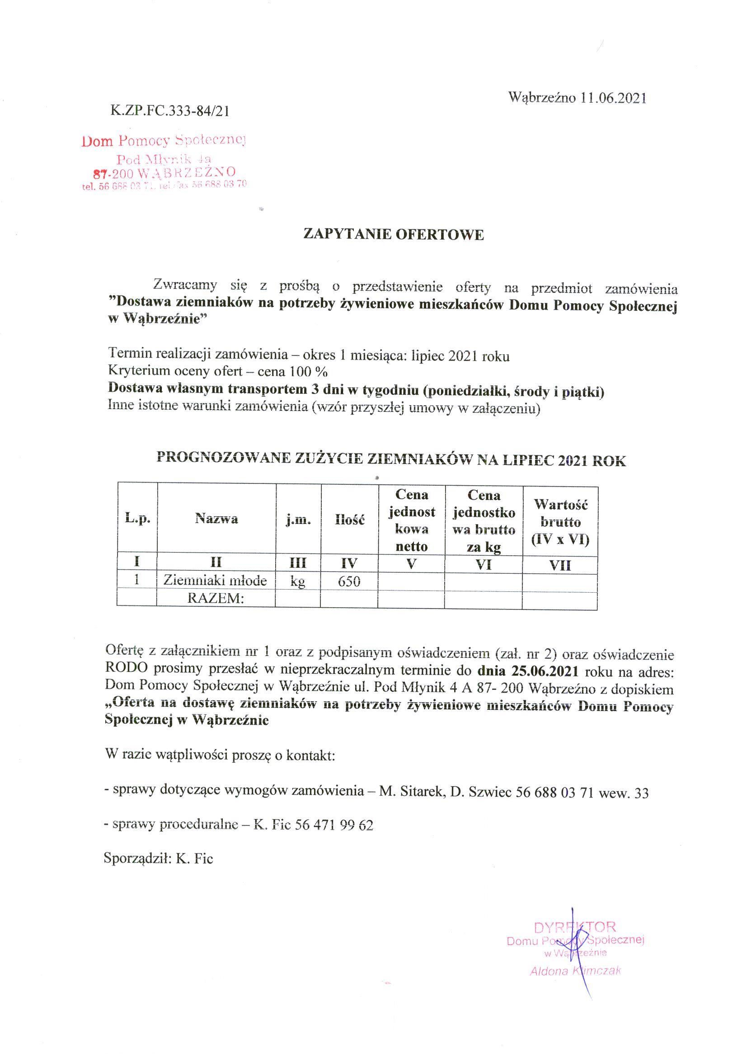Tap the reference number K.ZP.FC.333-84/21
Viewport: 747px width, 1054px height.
(x=170, y=111)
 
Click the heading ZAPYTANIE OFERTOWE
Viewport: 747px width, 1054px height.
(x=393, y=234)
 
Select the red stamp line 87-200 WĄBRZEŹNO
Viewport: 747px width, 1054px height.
(x=164, y=173)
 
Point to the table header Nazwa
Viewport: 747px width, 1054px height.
(x=216, y=519)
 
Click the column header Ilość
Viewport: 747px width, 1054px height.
(x=349, y=520)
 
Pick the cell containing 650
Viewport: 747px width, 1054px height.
(x=349, y=582)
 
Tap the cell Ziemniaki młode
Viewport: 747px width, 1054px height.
(x=215, y=581)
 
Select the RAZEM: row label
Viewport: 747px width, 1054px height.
(x=215, y=599)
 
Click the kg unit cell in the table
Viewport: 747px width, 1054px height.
(x=298, y=581)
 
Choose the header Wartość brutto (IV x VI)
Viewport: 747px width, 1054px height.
(x=560, y=522)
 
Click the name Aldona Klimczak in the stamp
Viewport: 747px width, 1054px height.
(x=575, y=971)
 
